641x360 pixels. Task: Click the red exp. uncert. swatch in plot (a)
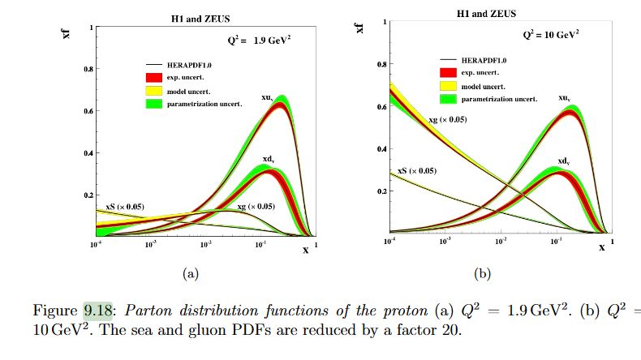[155, 76]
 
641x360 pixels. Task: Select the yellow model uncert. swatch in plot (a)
[155, 89]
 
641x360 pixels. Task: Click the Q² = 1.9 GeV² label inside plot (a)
[257, 40]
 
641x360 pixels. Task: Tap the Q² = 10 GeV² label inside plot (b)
[549, 36]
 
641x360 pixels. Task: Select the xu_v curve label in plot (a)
[267, 97]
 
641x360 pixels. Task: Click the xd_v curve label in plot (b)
[566, 162]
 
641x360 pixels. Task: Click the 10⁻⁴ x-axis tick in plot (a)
[96, 243]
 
